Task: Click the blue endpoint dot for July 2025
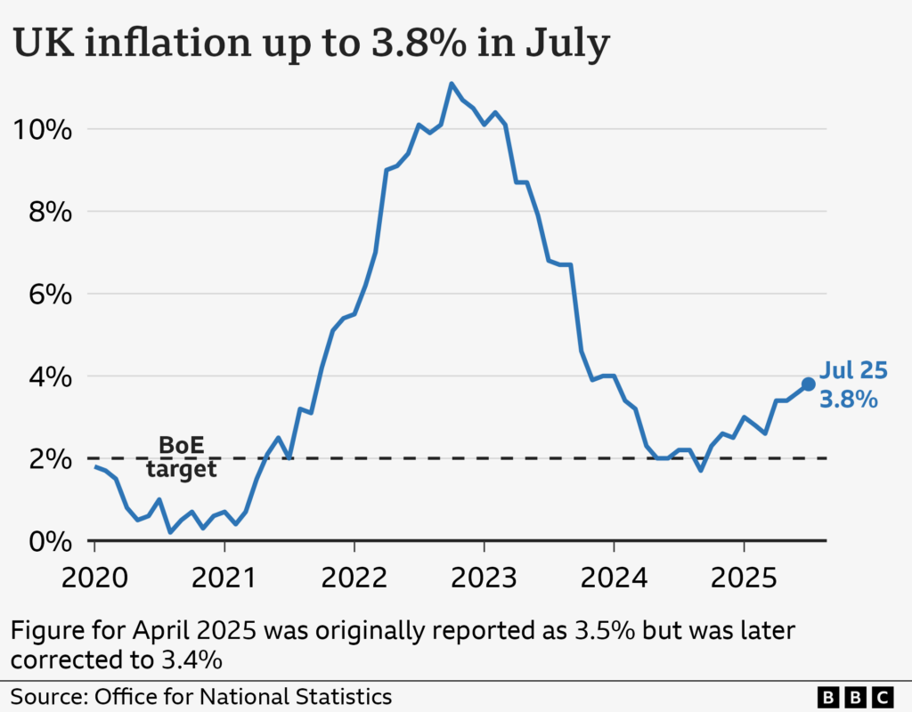pyautogui.click(x=808, y=384)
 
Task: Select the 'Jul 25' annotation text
pyautogui.click(x=853, y=371)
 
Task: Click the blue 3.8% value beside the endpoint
pyautogui.click(x=849, y=400)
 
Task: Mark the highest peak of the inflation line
pyautogui.click(x=452, y=84)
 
